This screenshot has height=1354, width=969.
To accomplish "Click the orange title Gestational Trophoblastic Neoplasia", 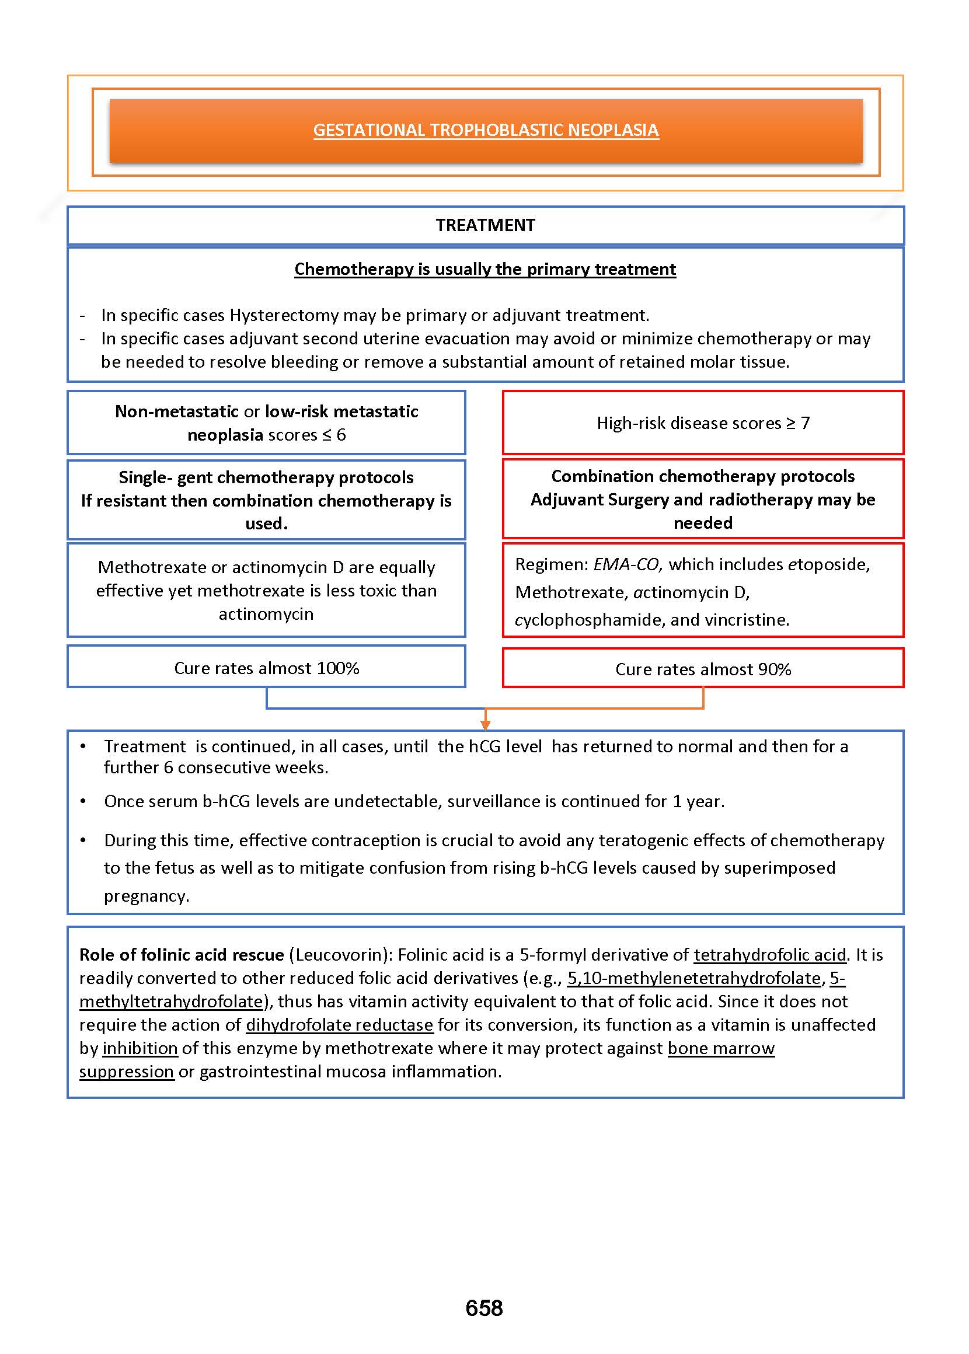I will point(486,130).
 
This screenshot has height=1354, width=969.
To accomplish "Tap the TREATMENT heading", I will point(485,225).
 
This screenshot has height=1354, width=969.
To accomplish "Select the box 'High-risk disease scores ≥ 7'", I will point(703,423).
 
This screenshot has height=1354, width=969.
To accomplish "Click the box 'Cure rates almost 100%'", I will point(266,668).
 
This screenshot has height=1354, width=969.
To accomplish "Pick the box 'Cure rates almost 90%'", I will point(703,669).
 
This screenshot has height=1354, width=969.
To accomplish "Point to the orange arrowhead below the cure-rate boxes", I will point(485,725).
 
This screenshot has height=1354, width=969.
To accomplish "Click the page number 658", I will point(484,1308).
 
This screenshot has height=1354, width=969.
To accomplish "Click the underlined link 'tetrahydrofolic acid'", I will point(770,955).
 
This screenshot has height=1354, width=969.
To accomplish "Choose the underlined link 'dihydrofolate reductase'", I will point(340,1025).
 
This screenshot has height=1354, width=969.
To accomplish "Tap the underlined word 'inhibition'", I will point(140,1048).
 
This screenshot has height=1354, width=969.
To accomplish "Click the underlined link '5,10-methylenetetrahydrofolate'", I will point(694,978).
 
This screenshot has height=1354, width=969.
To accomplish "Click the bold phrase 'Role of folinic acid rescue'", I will point(182,955).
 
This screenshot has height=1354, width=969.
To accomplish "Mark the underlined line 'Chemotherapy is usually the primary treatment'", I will point(485,269).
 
